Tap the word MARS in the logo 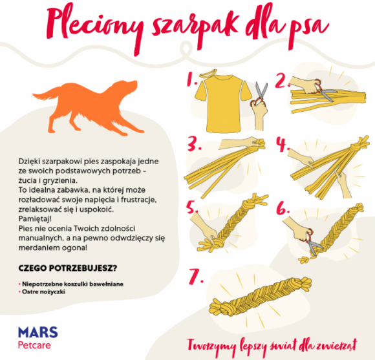38,332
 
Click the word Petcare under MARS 34,345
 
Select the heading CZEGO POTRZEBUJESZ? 68,268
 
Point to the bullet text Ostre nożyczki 43,292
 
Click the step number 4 282,144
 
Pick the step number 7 195,277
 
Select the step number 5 192,207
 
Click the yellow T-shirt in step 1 223,103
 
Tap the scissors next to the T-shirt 260,94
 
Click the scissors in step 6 312,242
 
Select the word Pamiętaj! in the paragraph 35,218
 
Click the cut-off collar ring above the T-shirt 208,73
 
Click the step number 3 194,144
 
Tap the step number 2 282,80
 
